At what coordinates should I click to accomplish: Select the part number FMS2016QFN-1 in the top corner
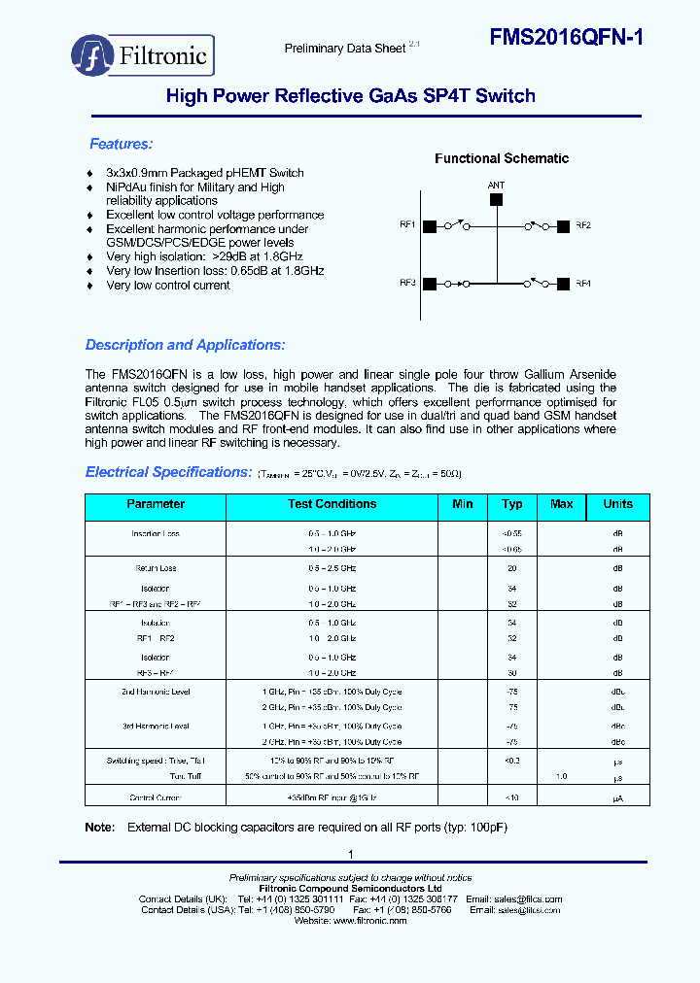(x=565, y=37)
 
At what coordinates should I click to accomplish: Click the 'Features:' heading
(x=121, y=144)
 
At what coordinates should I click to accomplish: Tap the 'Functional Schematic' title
(x=502, y=158)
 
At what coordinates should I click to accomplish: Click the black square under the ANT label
(x=496, y=199)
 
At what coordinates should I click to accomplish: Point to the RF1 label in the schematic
(x=407, y=225)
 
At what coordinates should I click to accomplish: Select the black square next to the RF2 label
(x=563, y=226)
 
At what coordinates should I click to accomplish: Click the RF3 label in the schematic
(x=407, y=284)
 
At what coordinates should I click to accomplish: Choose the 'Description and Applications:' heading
(x=185, y=345)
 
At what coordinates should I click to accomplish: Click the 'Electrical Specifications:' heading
(x=168, y=472)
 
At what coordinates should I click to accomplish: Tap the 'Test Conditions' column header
(x=332, y=504)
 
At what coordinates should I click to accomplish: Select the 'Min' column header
(x=463, y=504)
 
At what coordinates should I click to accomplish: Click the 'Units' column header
(x=617, y=504)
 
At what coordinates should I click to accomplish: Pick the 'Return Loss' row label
(x=156, y=568)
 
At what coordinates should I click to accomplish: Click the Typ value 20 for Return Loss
(x=511, y=568)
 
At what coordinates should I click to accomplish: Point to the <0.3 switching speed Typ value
(x=511, y=761)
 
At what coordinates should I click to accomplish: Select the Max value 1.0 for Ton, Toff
(x=561, y=776)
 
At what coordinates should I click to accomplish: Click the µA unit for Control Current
(x=617, y=797)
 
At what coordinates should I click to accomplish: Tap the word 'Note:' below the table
(x=100, y=828)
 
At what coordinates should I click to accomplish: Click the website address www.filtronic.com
(x=369, y=921)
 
